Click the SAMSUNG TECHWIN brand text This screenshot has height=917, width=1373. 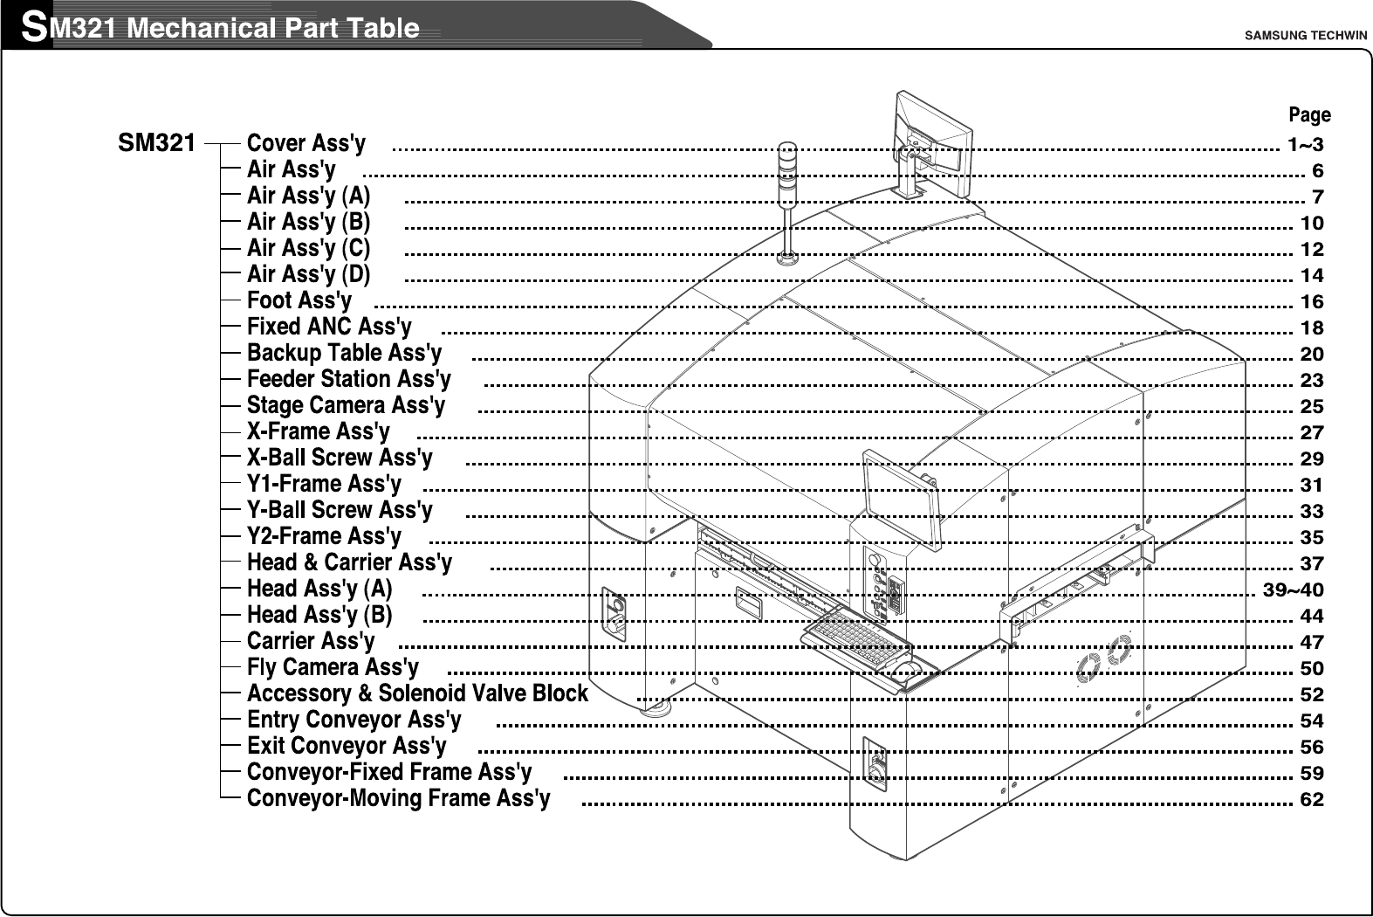[x=1304, y=36]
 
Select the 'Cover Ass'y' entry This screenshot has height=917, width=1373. [x=305, y=143]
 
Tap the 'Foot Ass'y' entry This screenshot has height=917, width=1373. [x=299, y=300]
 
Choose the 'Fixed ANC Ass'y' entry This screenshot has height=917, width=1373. [x=329, y=327]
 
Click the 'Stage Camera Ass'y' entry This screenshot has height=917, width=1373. [x=346, y=405]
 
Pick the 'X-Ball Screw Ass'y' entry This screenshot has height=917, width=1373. [x=340, y=458]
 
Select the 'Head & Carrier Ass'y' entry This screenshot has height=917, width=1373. [x=349, y=562]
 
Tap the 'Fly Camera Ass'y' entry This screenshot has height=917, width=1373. [x=333, y=667]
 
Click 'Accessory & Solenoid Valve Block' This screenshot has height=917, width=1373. [x=417, y=693]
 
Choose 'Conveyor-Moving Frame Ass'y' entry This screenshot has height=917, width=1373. [x=398, y=798]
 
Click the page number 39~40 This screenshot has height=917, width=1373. [x=1294, y=589]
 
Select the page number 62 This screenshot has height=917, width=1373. [x=1311, y=799]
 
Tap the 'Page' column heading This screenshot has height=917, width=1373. [x=1309, y=115]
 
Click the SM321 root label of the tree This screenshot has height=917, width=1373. [x=156, y=143]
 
